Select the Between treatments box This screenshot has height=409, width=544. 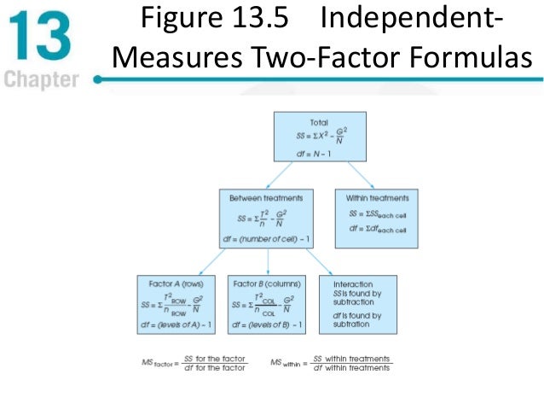tap(269, 218)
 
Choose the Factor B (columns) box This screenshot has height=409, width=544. tap(269, 304)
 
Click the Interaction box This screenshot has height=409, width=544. tap(357, 304)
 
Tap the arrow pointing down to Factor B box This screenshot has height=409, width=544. tap(269, 261)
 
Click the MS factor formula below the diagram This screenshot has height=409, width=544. tap(194, 362)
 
